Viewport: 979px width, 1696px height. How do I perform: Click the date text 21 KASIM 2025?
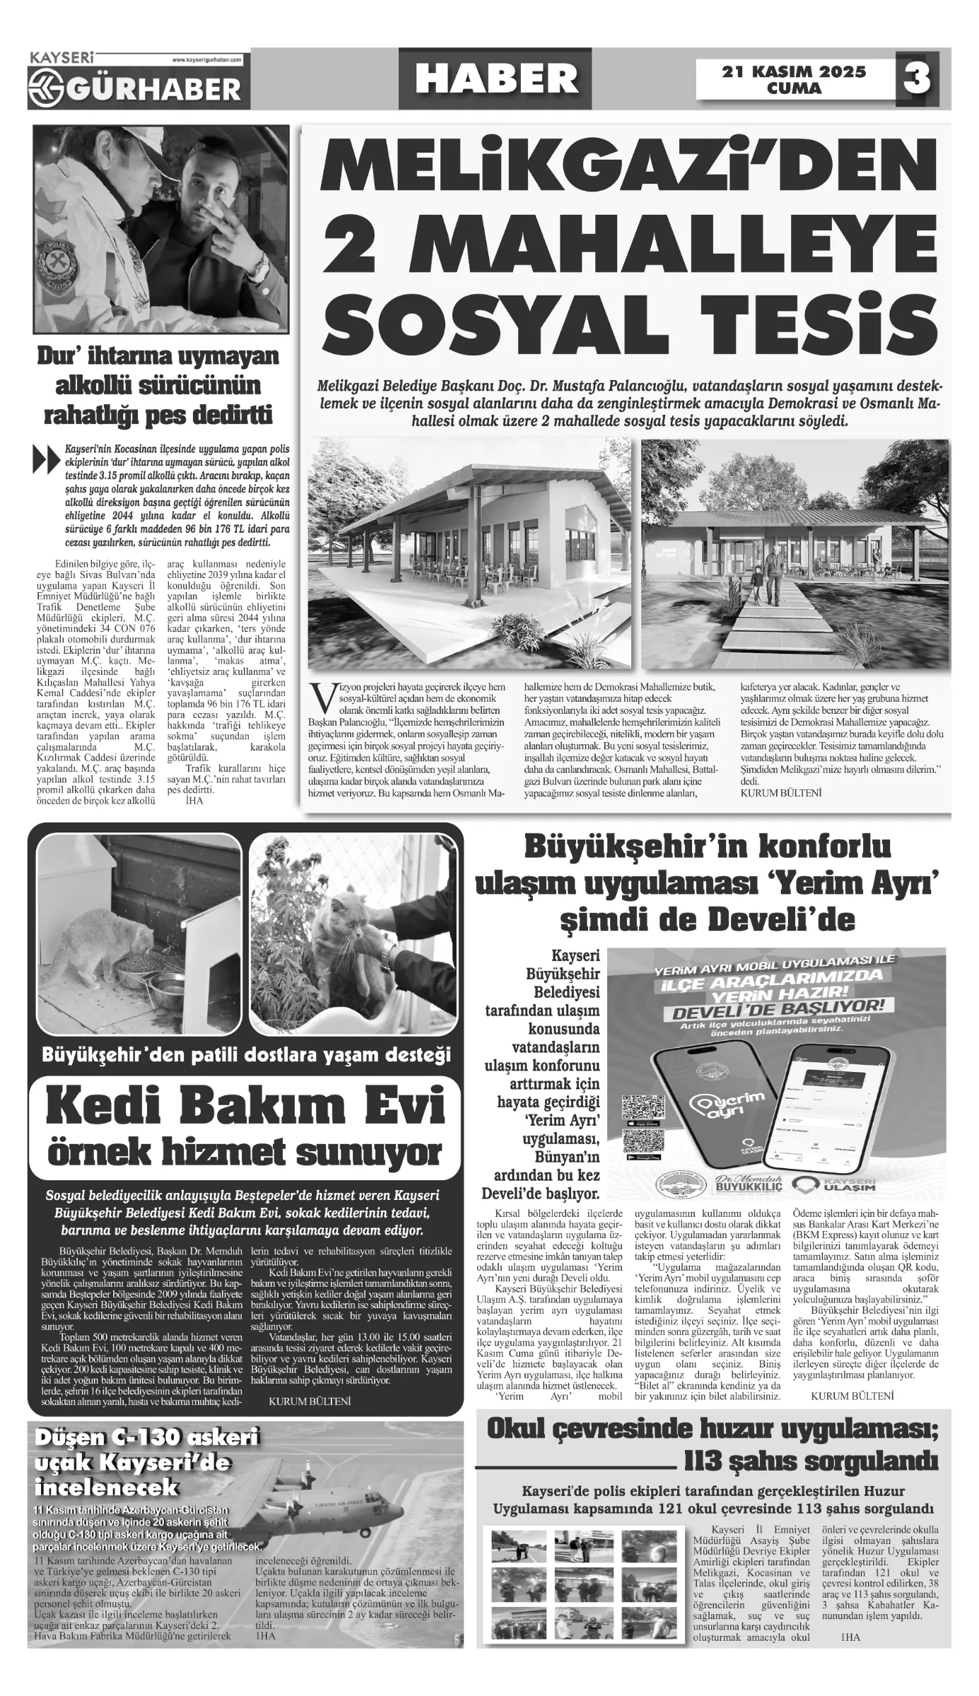[x=794, y=71]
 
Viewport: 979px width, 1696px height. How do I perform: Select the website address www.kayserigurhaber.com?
[x=207, y=61]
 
